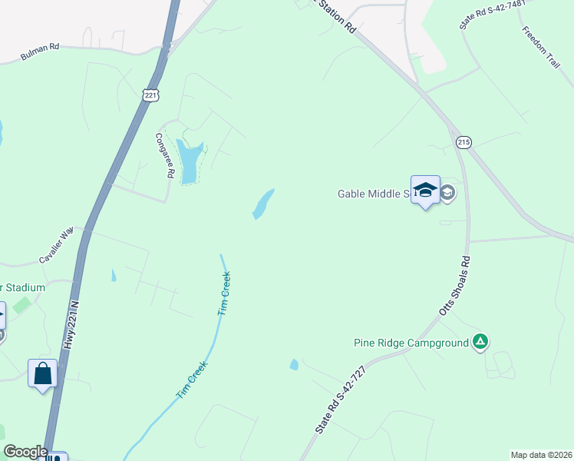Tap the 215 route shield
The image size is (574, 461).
point(463,142)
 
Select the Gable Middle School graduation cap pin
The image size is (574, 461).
point(425,191)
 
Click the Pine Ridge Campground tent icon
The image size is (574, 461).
point(480,342)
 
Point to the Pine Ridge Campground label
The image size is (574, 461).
point(411,343)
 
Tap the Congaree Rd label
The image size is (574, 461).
point(163,155)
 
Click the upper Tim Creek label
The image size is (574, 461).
point(225,295)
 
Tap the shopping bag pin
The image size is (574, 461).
point(43,373)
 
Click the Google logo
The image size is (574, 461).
point(25,452)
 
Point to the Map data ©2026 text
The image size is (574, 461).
point(541,454)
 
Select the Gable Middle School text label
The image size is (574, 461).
point(372,194)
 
